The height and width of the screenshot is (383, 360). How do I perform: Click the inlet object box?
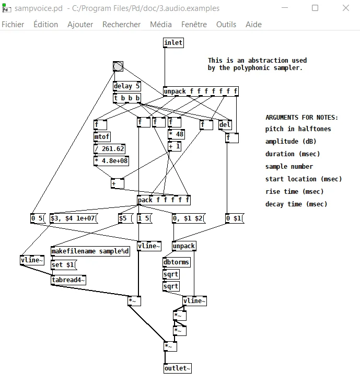pos(173,43)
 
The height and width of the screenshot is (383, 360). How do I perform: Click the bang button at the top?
pos(118,66)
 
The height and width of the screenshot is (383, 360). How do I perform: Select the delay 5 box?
pos(127,86)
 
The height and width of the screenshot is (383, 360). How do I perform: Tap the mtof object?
pos(102,137)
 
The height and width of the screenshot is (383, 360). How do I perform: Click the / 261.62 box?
pos(109,149)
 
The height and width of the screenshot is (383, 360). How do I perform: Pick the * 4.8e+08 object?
pos(111,161)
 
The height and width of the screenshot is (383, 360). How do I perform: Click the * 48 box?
pos(176,134)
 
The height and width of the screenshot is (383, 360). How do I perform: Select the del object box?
pos(225,125)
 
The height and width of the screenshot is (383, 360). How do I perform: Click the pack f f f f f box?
pos(164,200)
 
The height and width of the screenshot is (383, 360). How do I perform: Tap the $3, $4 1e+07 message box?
pos(74,218)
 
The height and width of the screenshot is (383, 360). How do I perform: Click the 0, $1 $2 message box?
pos(189,218)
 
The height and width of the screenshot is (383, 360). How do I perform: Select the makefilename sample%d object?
pos(90,251)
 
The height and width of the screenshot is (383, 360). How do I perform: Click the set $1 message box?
pos(64,265)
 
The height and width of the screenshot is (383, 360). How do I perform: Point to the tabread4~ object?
pos(68,280)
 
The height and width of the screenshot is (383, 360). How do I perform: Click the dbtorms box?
pos(177,262)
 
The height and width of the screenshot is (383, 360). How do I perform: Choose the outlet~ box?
pos(178,368)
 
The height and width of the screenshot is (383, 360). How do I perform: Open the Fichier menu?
pos(13,25)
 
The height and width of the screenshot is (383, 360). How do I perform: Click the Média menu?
pos(161,25)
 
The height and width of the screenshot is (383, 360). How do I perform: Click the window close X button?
pos(346,8)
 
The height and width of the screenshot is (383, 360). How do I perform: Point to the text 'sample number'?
pos(289,167)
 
